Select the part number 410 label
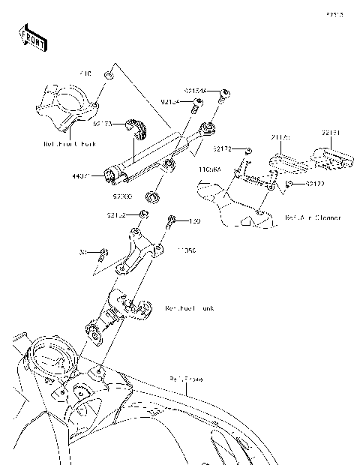click(x=86, y=74)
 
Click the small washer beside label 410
click(x=109, y=75)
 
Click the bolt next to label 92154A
click(x=223, y=94)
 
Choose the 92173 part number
click(x=103, y=124)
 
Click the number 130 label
click(x=195, y=220)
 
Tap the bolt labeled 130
click(x=172, y=220)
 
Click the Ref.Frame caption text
click(x=186, y=379)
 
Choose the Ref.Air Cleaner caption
click(x=313, y=218)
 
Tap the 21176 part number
click(x=280, y=138)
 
